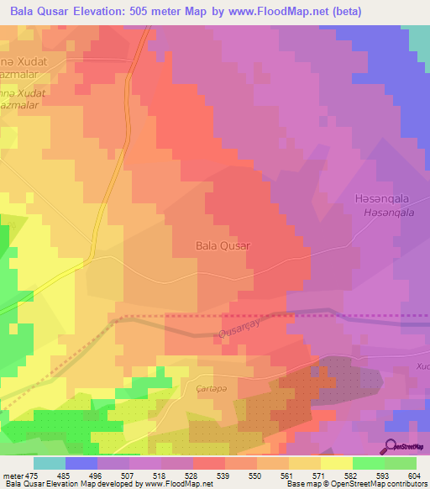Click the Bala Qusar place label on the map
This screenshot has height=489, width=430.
pos(223,246)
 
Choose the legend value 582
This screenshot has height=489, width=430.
pos(350,476)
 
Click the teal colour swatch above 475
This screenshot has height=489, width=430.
pos(50,463)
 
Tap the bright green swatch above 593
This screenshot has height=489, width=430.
pos(368,463)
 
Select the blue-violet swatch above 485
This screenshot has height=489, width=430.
pos(81,463)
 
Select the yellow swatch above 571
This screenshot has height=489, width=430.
pos(305,463)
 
